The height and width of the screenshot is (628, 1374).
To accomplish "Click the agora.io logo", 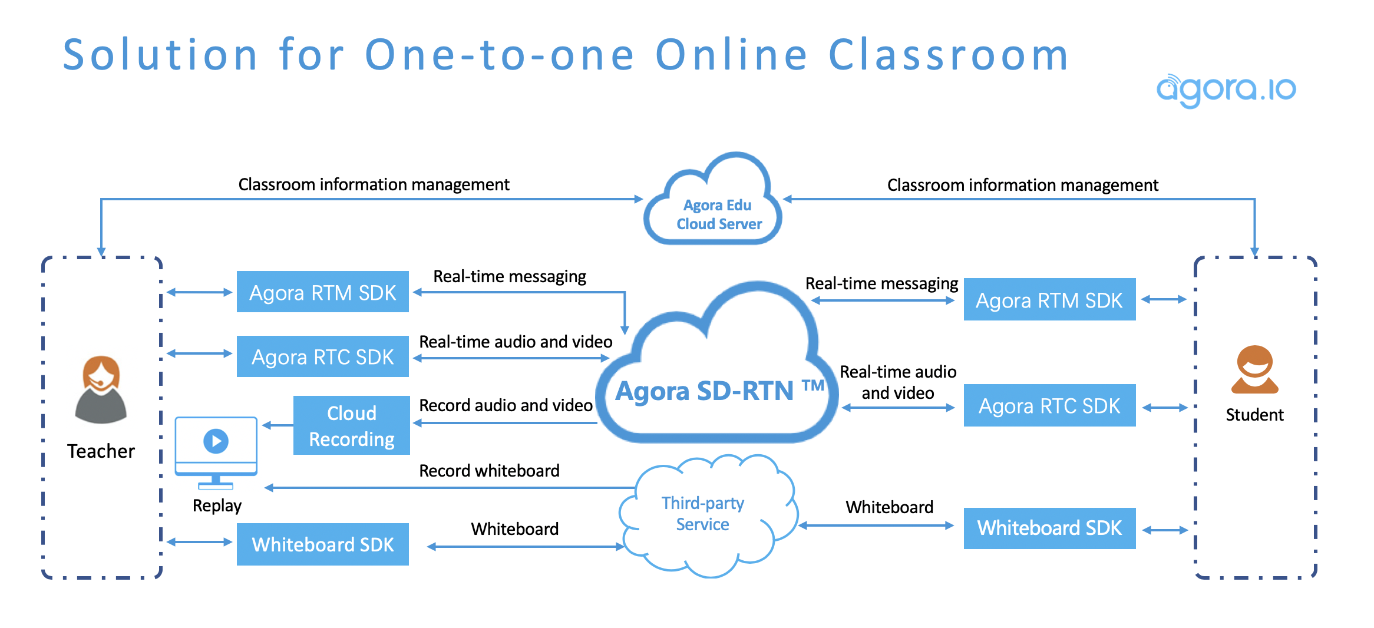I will (1226, 90).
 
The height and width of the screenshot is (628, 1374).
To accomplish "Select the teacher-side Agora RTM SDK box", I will (322, 292).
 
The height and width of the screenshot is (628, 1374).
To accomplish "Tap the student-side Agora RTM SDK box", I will (1049, 300).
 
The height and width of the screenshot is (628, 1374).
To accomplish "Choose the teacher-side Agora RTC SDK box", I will (322, 356).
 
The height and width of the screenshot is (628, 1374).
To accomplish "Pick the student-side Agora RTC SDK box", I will (1049, 406).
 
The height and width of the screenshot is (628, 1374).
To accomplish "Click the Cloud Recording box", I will (351, 425).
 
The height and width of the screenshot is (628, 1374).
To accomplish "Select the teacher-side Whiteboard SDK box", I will (322, 544).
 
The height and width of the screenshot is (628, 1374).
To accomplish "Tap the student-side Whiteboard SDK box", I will (1049, 528).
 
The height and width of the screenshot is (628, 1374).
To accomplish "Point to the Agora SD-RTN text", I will (705, 391).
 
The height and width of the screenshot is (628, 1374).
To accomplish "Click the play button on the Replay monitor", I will (216, 441).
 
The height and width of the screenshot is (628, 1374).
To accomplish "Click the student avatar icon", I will (1254, 370).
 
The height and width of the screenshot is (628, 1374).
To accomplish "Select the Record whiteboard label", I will (489, 471).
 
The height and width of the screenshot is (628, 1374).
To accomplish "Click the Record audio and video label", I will (506, 405).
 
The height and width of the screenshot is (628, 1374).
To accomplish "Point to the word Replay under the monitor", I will (217, 505).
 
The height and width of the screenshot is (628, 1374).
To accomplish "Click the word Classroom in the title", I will (948, 55).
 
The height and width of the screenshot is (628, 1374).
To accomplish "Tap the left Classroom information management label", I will (374, 184).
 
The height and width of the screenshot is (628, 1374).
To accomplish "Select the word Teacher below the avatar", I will (101, 451).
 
